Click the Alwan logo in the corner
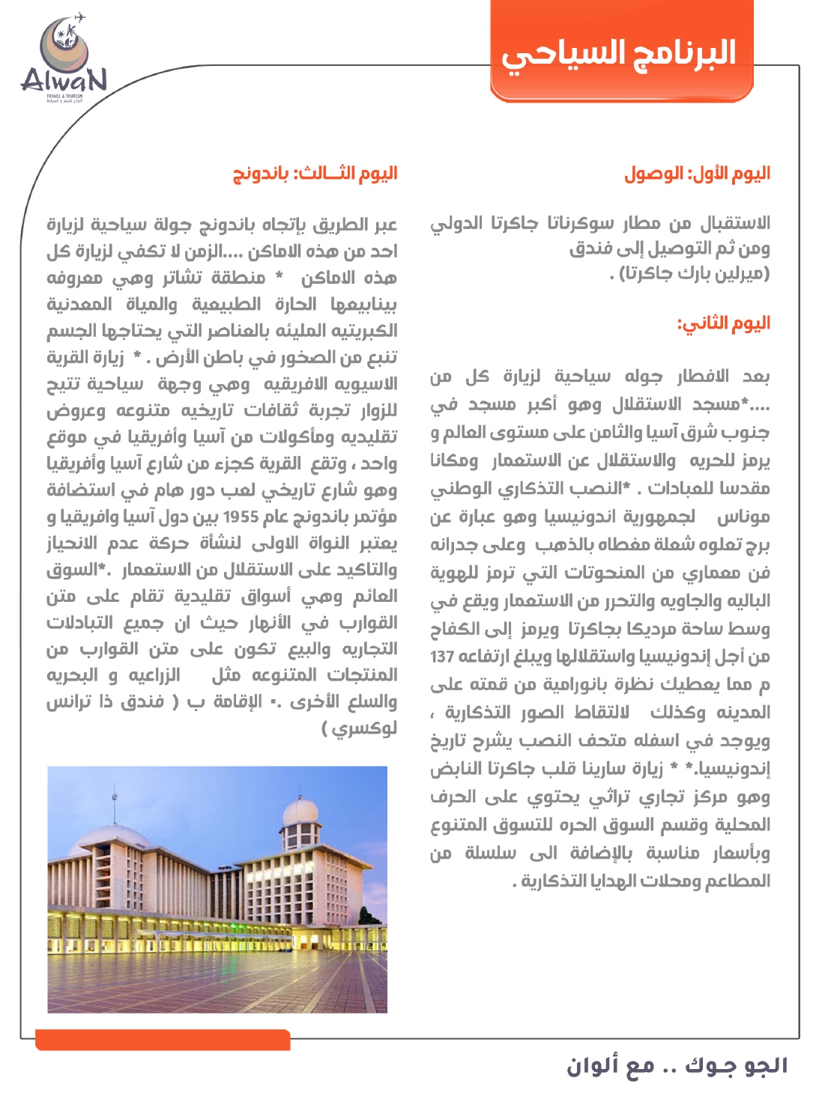63,60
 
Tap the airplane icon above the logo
79,17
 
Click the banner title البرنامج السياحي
619,53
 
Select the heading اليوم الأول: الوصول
697,174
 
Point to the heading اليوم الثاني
723,323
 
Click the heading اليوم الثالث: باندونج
315,174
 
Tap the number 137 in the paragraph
443,657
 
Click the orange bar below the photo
163,1039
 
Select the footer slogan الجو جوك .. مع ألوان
677,1065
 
